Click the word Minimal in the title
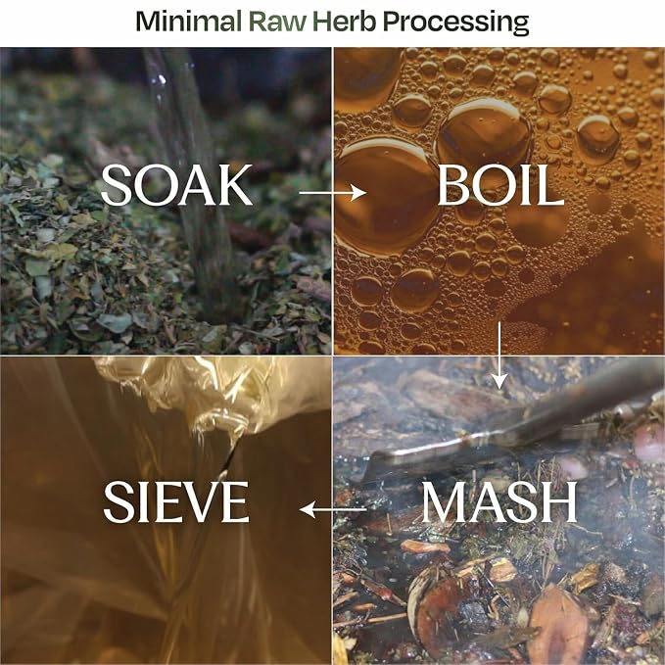pyautogui.click(x=189, y=22)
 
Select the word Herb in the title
pyautogui.click(x=344, y=22)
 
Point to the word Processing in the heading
pyautogui.click(x=456, y=23)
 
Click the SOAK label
pyautogui.click(x=176, y=185)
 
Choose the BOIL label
pyautogui.click(x=500, y=185)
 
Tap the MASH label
pyautogui.click(x=499, y=501)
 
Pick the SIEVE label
pyautogui.click(x=176, y=501)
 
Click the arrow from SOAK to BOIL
pyautogui.click(x=333, y=193)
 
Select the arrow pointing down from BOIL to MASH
pyautogui.click(x=500, y=355)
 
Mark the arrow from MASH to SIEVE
pyautogui.click(x=333, y=509)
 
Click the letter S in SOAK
pyautogui.click(x=115, y=185)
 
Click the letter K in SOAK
pyautogui.click(x=232, y=185)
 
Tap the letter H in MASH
pyautogui.click(x=557, y=501)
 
